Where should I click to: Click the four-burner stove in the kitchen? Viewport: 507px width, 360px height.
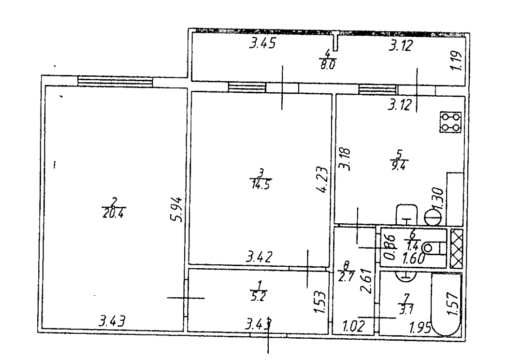450,122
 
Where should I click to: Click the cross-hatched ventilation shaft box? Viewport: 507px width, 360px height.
456,248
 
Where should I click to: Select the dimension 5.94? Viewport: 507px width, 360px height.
177,209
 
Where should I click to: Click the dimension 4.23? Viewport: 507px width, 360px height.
322,180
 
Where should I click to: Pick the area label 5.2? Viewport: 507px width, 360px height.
261,293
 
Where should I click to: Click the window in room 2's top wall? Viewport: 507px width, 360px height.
115,81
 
